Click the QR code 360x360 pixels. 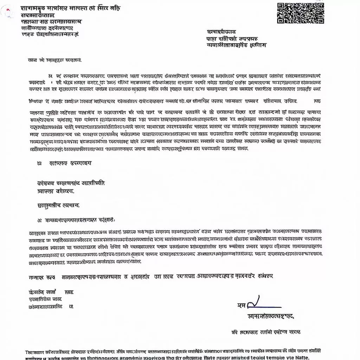click(x=300, y=13)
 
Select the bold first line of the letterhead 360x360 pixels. click(x=70, y=8)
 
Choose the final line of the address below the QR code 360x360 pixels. click(x=236, y=45)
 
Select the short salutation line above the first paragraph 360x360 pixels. click(x=54, y=60)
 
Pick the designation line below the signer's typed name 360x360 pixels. click(x=266, y=332)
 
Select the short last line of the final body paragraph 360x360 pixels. click(x=84, y=262)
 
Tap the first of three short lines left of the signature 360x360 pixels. click(x=51, y=292)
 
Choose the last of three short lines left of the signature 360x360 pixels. click(x=51, y=306)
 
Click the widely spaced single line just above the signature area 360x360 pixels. click(x=151, y=277)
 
